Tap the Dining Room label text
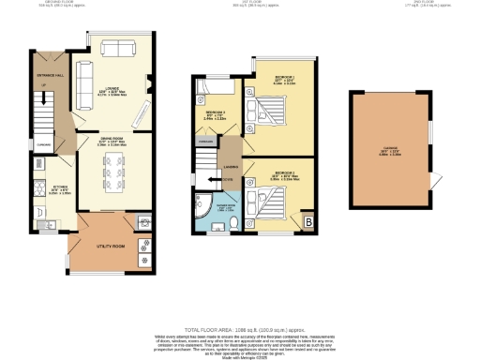click(x=112, y=143)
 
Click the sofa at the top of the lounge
click(x=116, y=49)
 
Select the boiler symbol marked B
click(x=308, y=221)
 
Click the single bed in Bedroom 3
click(x=205, y=95)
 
